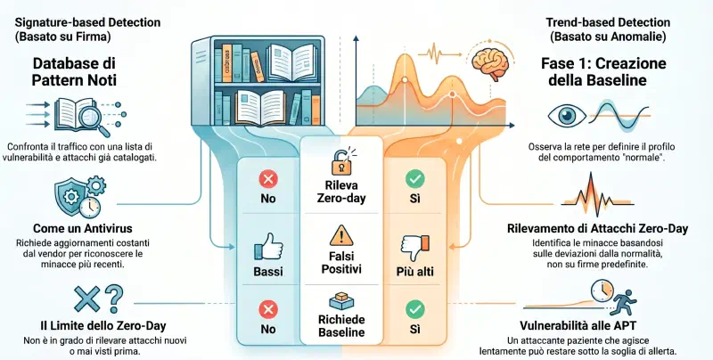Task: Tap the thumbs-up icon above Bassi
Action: click(x=268, y=246)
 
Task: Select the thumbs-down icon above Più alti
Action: click(x=414, y=248)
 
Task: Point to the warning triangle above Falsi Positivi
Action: click(x=341, y=236)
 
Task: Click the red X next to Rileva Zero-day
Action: click(x=268, y=178)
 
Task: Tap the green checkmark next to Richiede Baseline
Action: click(x=414, y=310)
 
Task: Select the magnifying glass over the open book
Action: click(x=93, y=118)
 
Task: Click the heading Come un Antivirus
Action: click(x=83, y=228)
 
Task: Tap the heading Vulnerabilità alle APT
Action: click(x=578, y=325)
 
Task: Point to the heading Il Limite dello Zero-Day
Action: click(x=103, y=325)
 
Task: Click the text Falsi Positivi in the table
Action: click(x=341, y=262)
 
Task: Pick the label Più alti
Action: click(x=414, y=272)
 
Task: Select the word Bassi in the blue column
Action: click(x=268, y=272)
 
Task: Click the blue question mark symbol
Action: click(x=114, y=298)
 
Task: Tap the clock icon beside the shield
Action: click(x=90, y=208)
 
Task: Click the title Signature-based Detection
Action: click(x=87, y=22)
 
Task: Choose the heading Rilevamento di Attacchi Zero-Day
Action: click(x=597, y=228)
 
